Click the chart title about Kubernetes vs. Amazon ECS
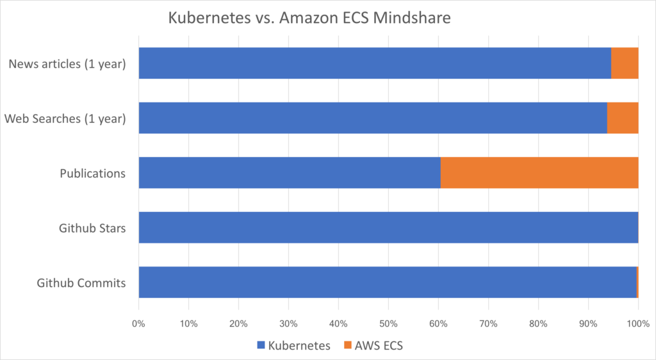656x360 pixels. (x=309, y=18)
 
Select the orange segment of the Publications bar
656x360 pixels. (x=539, y=172)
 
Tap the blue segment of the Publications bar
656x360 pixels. (x=290, y=172)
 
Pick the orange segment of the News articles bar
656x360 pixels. (x=625, y=63)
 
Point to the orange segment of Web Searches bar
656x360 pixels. (x=623, y=118)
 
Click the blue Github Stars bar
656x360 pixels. (x=388, y=227)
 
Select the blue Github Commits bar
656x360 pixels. (x=388, y=282)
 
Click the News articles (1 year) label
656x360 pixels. (x=67, y=63)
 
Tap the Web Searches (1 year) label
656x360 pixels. (x=65, y=119)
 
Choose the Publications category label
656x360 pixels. (x=92, y=173)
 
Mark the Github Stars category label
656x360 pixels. (x=92, y=227)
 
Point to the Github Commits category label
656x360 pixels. (x=81, y=282)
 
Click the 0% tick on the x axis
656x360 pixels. (x=138, y=323)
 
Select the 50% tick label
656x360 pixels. (x=388, y=323)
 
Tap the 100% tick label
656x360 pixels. (x=638, y=323)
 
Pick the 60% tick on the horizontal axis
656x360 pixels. (x=438, y=323)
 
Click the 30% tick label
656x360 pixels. (x=288, y=323)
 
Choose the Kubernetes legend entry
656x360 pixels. (x=293, y=345)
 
